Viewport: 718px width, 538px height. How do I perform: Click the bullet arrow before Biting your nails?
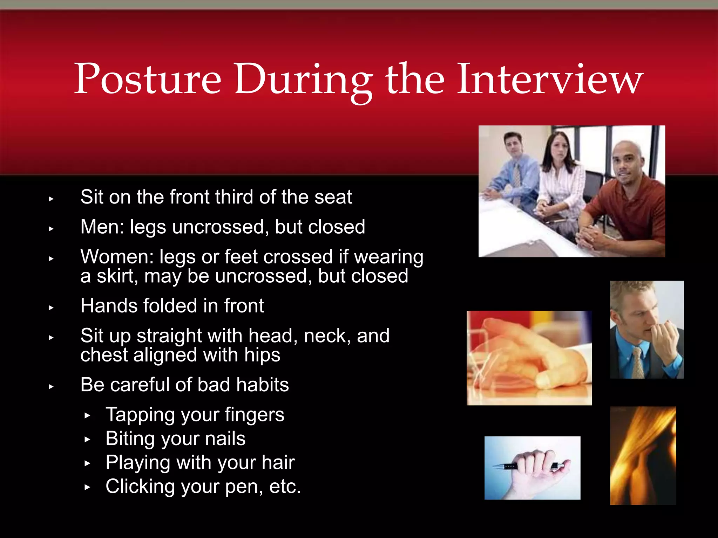pyautogui.click(x=87, y=440)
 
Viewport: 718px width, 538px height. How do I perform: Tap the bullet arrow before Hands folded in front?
pyautogui.click(x=51, y=308)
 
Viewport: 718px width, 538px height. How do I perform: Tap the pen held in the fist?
pyautogui.click(x=505, y=466)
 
